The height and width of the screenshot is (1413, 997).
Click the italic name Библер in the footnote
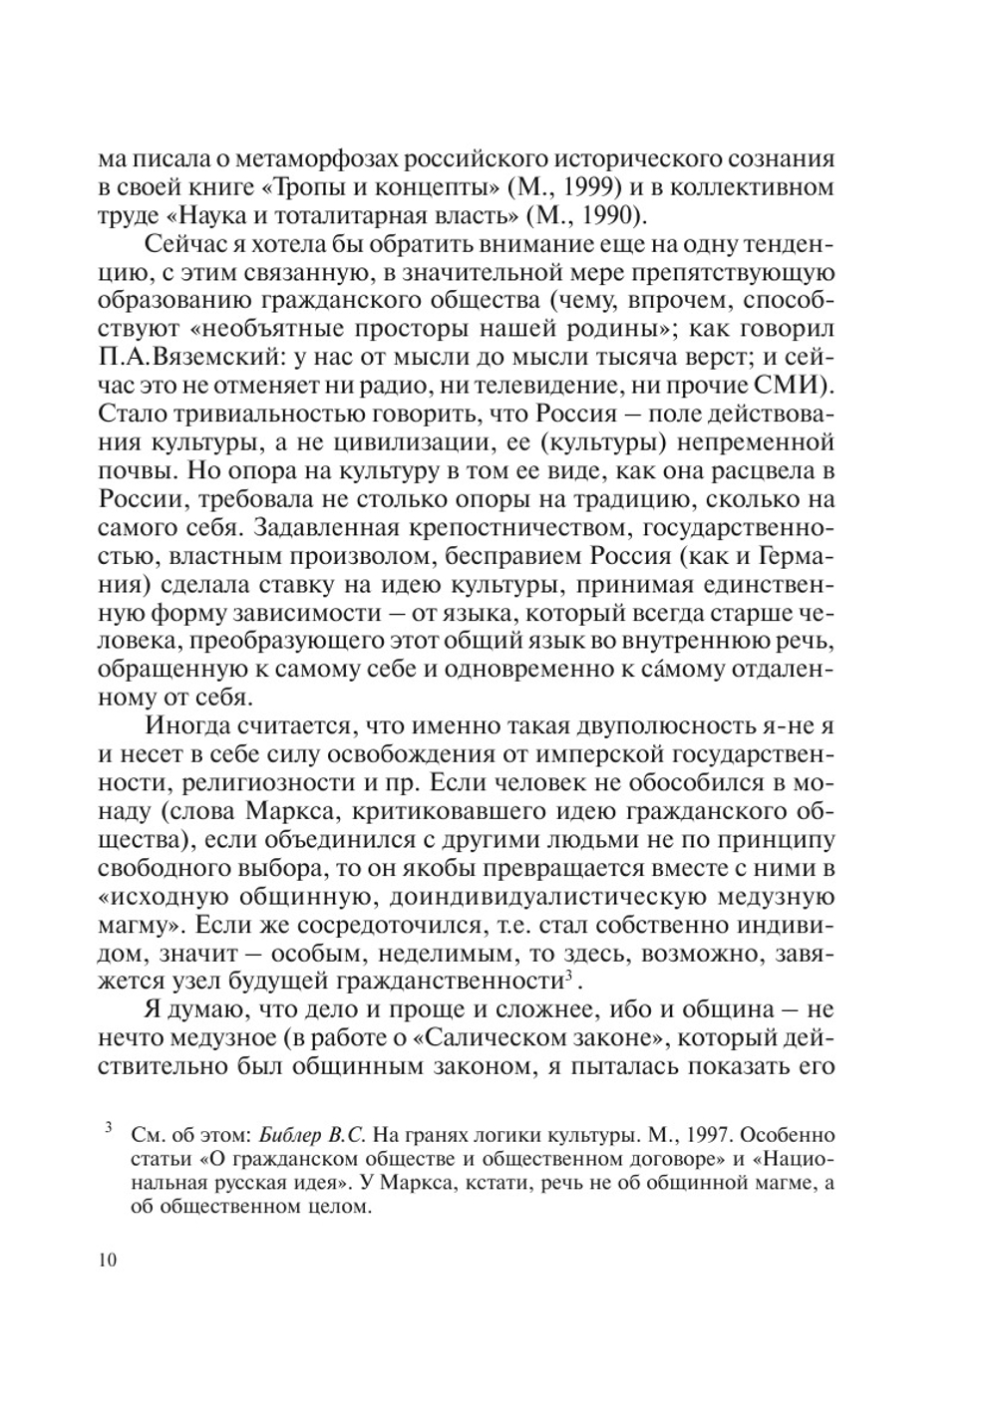click(284, 1135)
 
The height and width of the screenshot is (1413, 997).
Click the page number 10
click(108, 1261)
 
